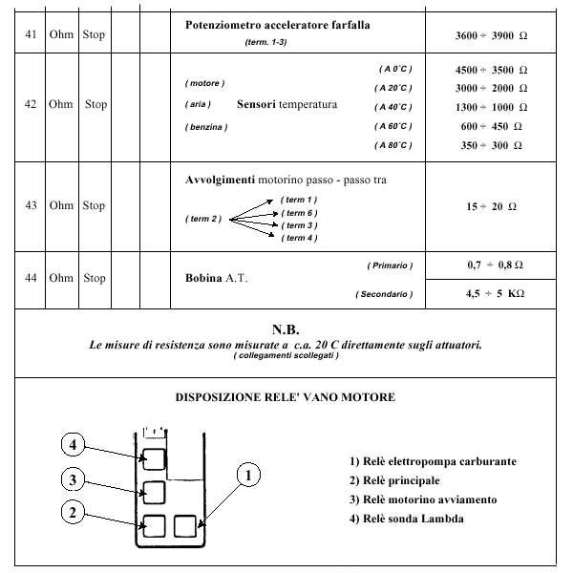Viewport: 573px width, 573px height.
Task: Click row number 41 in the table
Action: (31, 34)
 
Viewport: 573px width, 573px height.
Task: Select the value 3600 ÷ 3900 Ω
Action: (491, 35)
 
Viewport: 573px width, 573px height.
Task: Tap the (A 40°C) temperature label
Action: (393, 107)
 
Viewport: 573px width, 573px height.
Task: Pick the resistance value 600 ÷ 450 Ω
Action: (491, 126)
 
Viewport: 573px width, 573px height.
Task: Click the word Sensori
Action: (256, 104)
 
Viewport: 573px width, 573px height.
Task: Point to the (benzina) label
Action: (206, 127)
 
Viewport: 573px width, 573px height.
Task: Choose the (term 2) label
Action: (203, 219)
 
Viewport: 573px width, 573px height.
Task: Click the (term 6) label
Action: (299, 213)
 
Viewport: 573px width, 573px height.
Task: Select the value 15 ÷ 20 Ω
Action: (491, 206)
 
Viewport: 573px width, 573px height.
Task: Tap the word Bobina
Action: (203, 278)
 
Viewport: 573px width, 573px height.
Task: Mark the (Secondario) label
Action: (384, 294)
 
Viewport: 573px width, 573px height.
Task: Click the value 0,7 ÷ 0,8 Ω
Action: (495, 265)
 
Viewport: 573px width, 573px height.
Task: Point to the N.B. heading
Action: (286, 329)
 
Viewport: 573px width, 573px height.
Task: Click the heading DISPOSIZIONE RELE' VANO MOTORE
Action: (285, 397)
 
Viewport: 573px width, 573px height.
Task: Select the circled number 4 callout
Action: (74, 444)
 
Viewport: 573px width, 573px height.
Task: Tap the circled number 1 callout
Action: (248, 475)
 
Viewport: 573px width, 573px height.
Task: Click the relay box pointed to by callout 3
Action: (154, 493)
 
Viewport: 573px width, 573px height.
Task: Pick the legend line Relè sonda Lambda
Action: (407, 519)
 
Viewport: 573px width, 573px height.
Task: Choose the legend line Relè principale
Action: (394, 480)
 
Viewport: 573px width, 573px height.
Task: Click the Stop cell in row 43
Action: (94, 205)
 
